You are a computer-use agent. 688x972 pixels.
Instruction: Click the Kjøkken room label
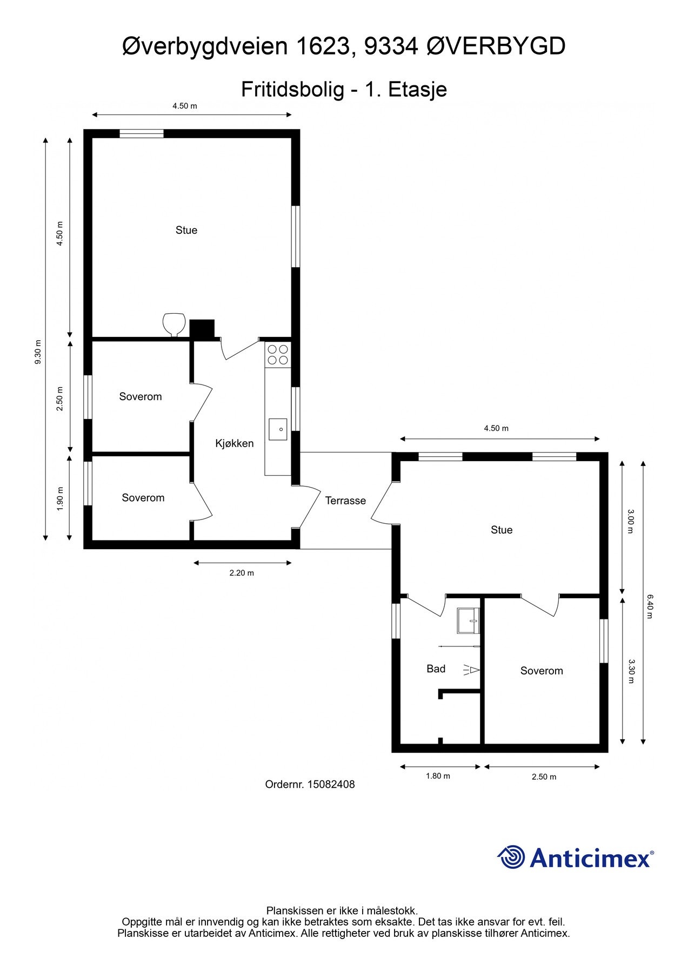pyautogui.click(x=234, y=443)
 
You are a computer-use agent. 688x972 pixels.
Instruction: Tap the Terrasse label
pyautogui.click(x=345, y=501)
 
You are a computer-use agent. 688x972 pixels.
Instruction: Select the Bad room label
pyautogui.click(x=436, y=669)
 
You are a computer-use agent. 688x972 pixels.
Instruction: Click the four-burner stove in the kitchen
pyautogui.click(x=278, y=355)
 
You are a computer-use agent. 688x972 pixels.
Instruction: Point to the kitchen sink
pyautogui.click(x=278, y=429)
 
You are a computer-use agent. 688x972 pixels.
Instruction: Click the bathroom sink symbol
pyautogui.click(x=468, y=620)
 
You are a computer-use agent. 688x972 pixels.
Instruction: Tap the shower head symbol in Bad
pyautogui.click(x=471, y=670)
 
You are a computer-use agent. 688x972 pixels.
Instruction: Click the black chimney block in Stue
pyautogui.click(x=202, y=329)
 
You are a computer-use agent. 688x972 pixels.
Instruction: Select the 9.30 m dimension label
pyautogui.click(x=38, y=352)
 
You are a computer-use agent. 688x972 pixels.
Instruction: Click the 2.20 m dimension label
pyautogui.click(x=242, y=573)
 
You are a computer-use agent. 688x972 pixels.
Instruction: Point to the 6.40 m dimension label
pyautogui.click(x=650, y=606)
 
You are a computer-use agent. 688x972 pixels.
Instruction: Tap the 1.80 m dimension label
pyautogui.click(x=438, y=776)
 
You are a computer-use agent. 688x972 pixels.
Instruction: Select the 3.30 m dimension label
pyautogui.click(x=630, y=671)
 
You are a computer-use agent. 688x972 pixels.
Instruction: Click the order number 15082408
pyautogui.click(x=331, y=785)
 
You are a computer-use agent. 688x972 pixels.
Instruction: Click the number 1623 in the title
pyautogui.click(x=323, y=46)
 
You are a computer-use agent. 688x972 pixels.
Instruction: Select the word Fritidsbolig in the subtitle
pyautogui.click(x=292, y=90)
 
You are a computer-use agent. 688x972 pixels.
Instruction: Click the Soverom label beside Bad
pyautogui.click(x=542, y=671)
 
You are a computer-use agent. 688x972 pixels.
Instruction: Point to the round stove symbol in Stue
pyautogui.click(x=173, y=325)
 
